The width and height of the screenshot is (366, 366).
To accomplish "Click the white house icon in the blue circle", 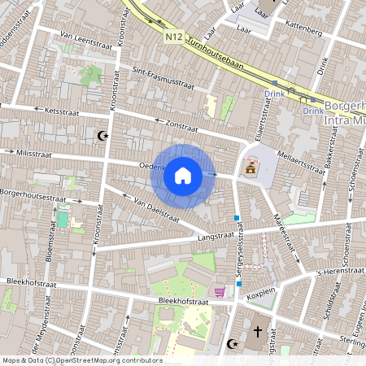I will tap(183, 175).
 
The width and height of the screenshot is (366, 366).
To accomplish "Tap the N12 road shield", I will tap(173, 37).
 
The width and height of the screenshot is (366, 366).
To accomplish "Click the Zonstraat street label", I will tap(181, 126).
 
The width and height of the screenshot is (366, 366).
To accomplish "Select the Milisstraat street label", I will tap(31, 152).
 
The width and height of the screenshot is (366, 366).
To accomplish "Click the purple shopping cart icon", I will tap(219, 291).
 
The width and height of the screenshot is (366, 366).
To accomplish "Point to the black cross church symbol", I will tap(258, 332).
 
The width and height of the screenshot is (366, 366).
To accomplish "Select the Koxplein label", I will tap(262, 297).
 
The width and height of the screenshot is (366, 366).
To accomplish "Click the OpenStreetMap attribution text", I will tap(81, 360).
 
